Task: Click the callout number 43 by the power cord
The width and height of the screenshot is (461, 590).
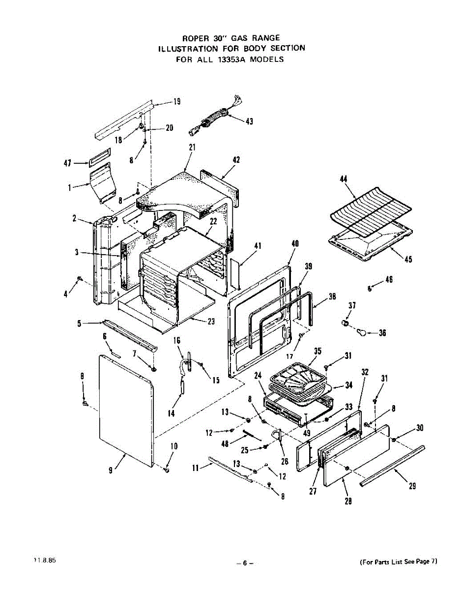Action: point(249,121)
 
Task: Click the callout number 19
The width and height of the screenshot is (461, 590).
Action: point(176,102)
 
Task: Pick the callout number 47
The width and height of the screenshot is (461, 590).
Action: point(68,163)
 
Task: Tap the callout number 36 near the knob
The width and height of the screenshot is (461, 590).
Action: point(382,333)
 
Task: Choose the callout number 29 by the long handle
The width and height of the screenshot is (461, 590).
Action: point(412,486)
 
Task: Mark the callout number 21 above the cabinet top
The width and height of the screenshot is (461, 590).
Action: point(192,147)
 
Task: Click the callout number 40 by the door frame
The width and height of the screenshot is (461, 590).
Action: point(295,244)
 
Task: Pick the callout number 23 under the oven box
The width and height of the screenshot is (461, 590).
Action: point(211,322)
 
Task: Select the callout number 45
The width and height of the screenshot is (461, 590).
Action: point(408,260)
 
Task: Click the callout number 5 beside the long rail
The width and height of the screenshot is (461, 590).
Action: point(79,324)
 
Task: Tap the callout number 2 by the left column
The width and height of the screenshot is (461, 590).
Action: point(74,219)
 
